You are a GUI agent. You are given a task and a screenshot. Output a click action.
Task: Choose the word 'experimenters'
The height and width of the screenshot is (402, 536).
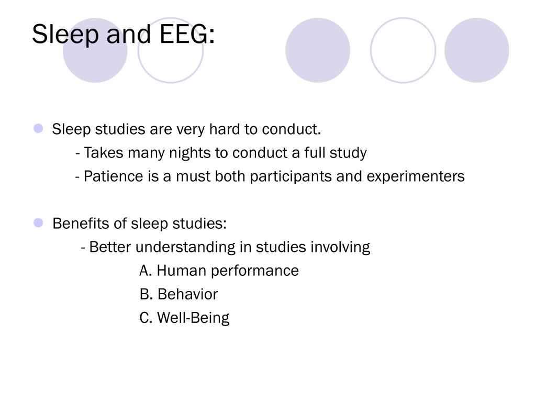click(x=416, y=177)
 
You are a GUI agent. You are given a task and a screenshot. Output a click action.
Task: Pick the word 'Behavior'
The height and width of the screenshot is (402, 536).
click(x=188, y=294)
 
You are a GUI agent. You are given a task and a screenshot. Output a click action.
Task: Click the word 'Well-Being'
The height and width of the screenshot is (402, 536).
click(x=193, y=318)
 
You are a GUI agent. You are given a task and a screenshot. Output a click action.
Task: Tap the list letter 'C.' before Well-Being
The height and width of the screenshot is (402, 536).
click(x=146, y=318)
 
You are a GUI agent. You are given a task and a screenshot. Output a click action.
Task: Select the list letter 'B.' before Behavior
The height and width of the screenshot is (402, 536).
click(x=146, y=294)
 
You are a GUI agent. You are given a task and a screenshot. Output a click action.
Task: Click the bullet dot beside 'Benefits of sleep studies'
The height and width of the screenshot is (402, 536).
click(x=38, y=223)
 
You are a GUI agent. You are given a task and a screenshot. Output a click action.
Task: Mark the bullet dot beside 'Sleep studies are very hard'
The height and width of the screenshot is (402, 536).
click(x=38, y=129)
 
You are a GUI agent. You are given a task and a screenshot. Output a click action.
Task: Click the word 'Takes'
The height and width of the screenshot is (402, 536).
click(x=104, y=153)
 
